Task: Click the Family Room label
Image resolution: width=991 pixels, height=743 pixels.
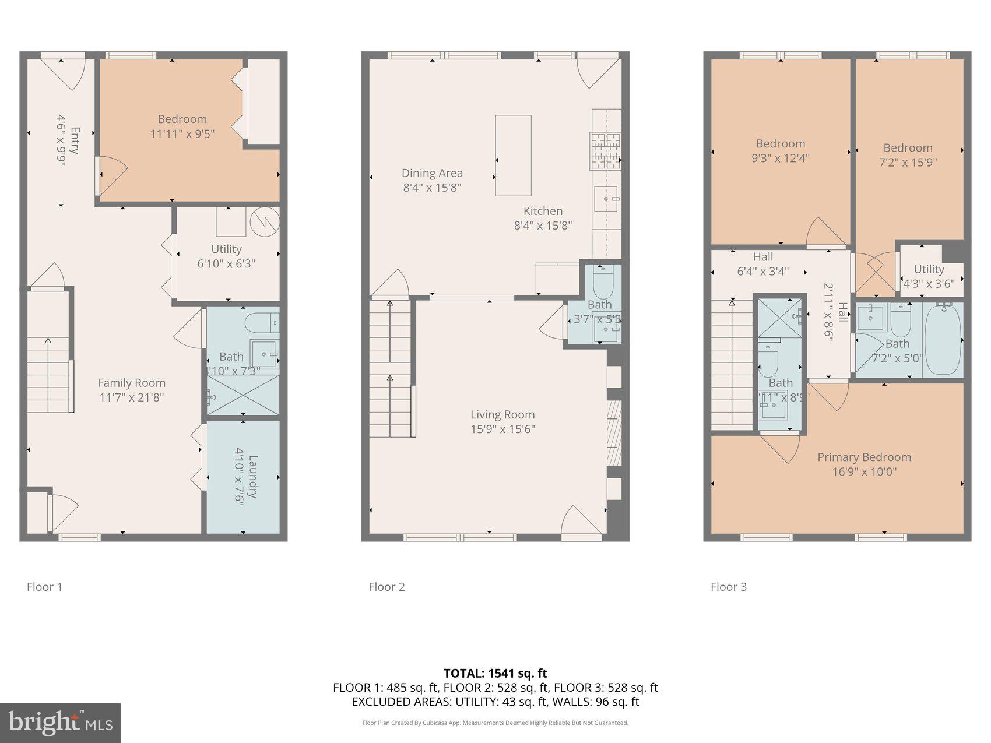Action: (x=131, y=383)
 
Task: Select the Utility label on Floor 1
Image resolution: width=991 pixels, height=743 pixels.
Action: (x=226, y=249)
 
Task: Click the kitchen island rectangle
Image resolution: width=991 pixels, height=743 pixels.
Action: (x=513, y=156)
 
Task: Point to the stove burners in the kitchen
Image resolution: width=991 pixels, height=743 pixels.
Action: (x=606, y=151)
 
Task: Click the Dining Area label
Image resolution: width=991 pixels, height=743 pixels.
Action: (x=432, y=173)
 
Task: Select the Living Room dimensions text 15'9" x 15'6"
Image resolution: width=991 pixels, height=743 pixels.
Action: (x=502, y=429)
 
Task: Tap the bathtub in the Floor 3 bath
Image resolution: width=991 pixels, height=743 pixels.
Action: (x=943, y=339)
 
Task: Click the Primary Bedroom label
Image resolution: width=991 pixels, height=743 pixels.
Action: (x=864, y=457)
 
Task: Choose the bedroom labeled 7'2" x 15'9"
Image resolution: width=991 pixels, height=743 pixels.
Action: (x=908, y=155)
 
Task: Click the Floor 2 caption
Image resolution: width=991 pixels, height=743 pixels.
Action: (x=386, y=587)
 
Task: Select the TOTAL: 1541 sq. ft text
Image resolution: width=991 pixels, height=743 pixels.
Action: (x=495, y=674)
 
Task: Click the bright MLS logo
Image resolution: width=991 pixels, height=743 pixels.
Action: (x=61, y=723)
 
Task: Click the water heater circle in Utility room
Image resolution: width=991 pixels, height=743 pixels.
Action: (x=265, y=221)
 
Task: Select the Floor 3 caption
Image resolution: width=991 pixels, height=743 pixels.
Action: (x=728, y=587)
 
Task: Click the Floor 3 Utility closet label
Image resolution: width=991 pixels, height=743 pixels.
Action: (x=929, y=269)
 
